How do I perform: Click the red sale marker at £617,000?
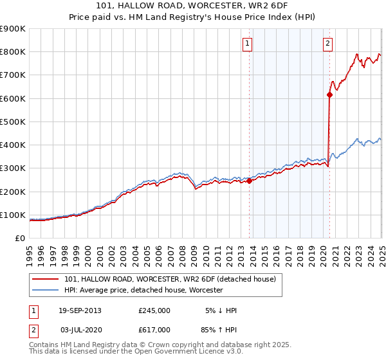pos(329,94)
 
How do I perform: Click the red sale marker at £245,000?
pos(249,181)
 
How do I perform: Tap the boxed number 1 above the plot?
pos(248,44)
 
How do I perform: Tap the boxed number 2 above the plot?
pos(327,44)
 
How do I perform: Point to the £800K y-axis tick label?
pos(12,51)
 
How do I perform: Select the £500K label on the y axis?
pos(12,122)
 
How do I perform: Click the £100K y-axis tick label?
pos(12,215)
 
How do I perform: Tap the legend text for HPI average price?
pos(143,290)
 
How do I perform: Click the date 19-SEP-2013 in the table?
pos(80,310)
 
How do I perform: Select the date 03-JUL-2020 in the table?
pos(80,330)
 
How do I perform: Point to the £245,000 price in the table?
pos(154,310)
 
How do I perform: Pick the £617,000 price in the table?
pos(154,330)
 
